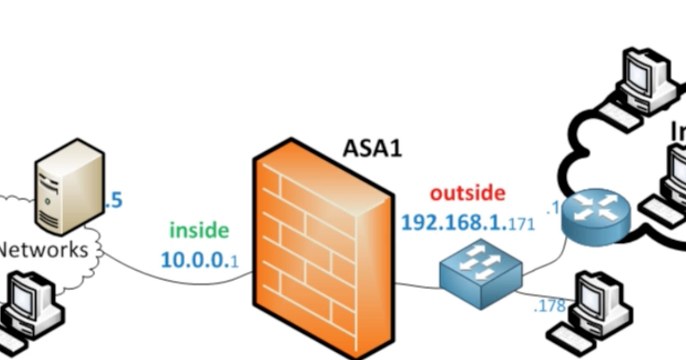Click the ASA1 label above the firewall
[x=372, y=148]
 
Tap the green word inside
[x=199, y=230]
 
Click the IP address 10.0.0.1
[x=200, y=260]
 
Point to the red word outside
[x=467, y=193]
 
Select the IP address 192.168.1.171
[x=467, y=223]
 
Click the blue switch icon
[x=480, y=273]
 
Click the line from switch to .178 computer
[x=544, y=295]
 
